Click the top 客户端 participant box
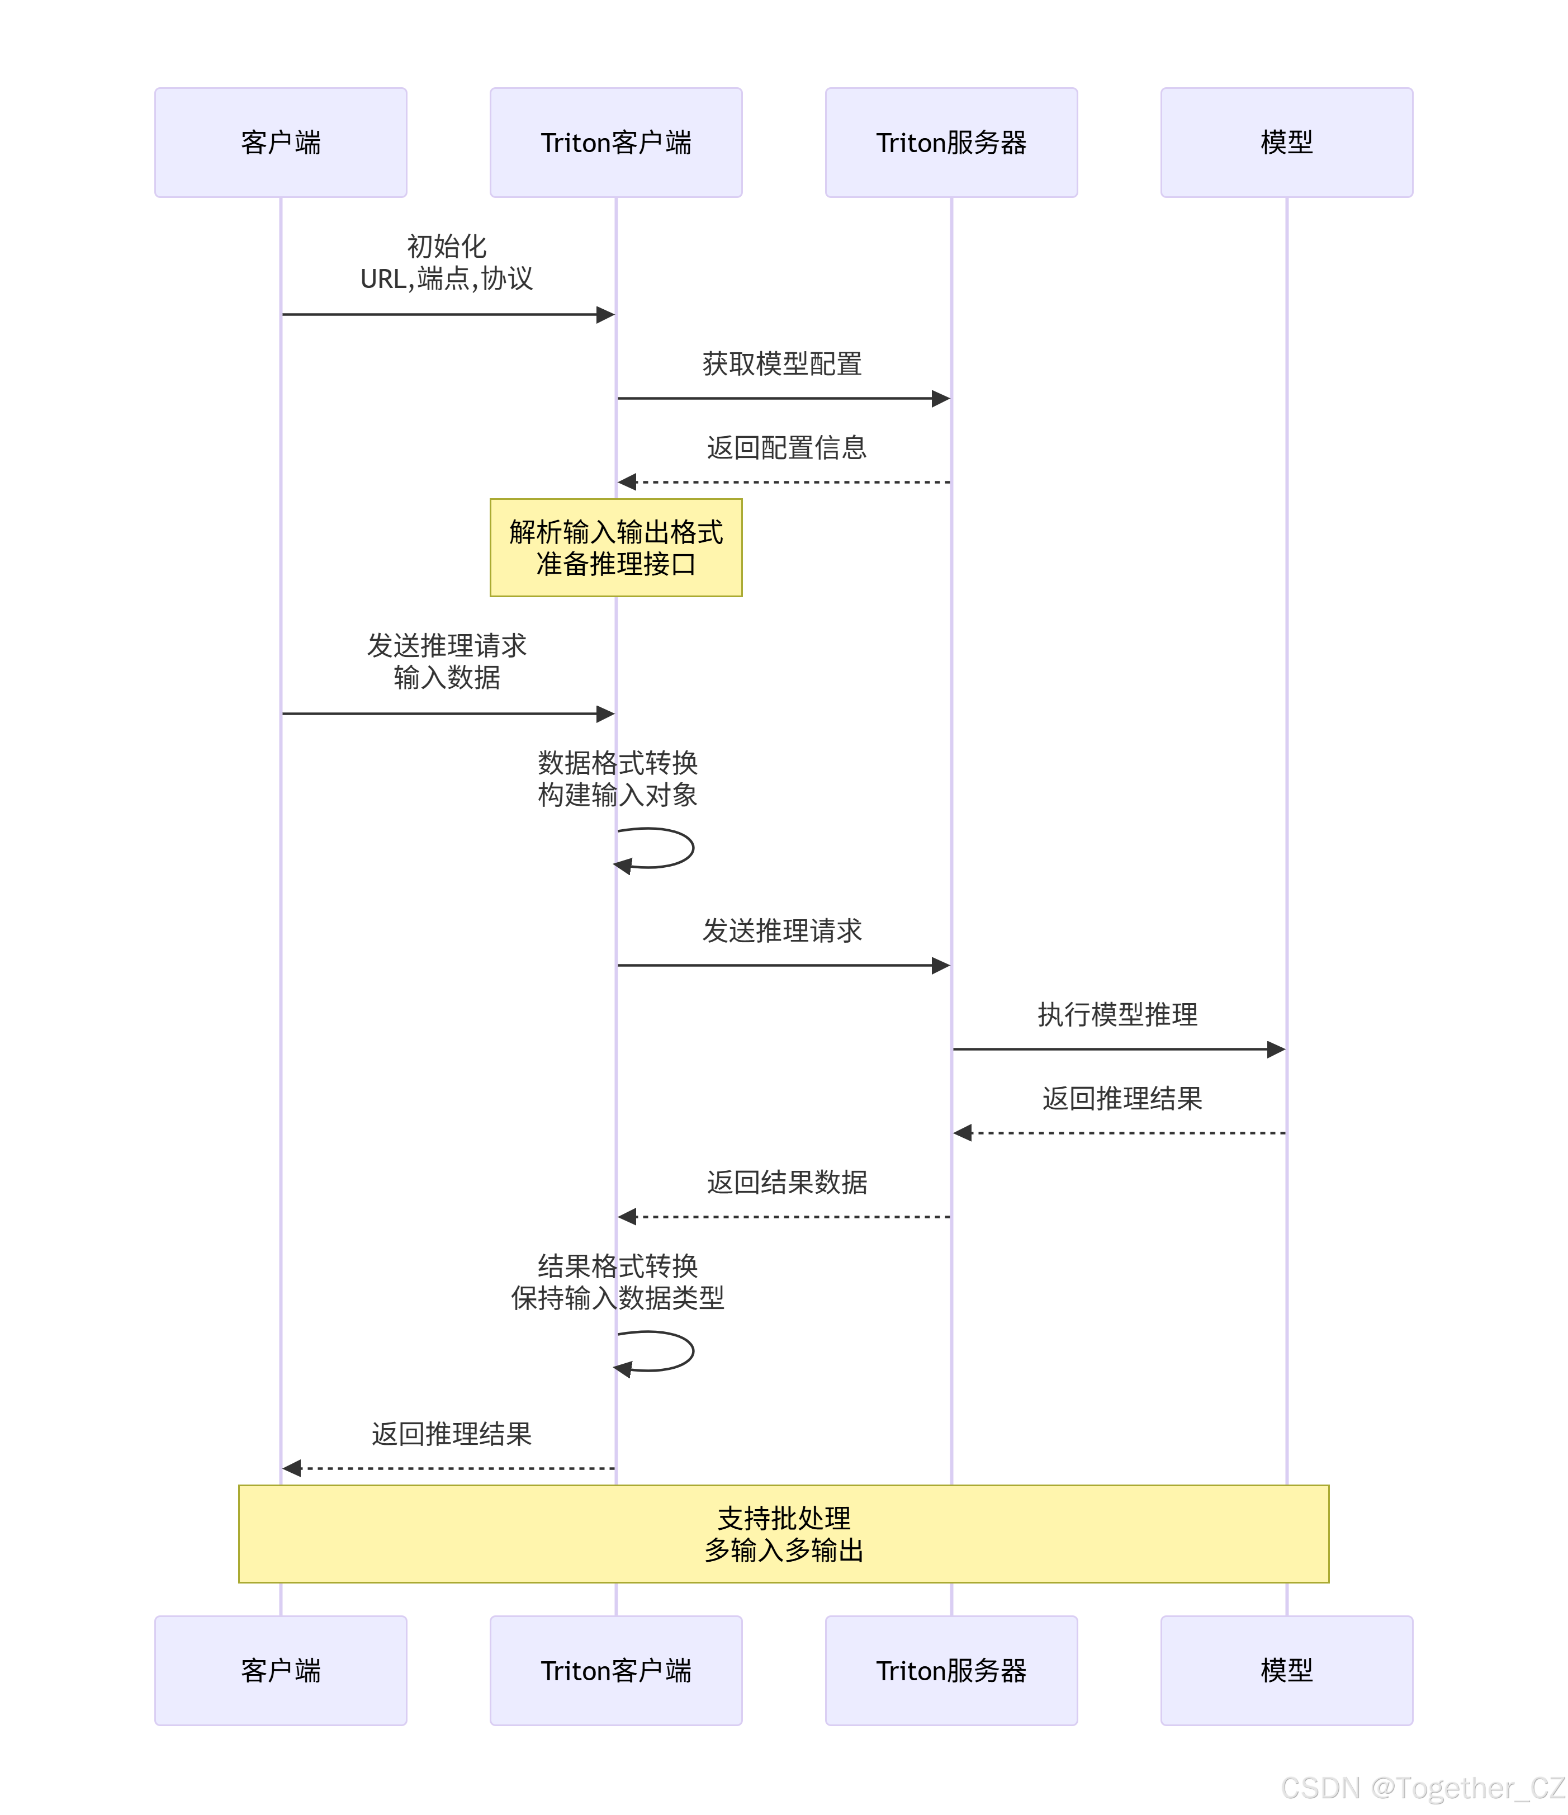(280, 142)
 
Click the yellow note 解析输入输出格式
(616, 547)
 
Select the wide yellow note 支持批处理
(783, 1533)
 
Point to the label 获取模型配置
(782, 363)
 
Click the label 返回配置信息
(787, 448)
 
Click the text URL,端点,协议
(447, 278)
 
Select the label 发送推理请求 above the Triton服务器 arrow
(782, 930)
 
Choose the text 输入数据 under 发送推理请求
(447, 677)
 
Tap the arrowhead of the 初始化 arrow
(605, 314)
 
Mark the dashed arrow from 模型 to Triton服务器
(1121, 1133)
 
